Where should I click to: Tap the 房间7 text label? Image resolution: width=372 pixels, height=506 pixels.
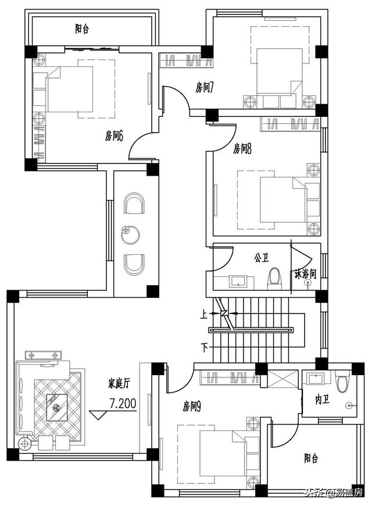[205, 88]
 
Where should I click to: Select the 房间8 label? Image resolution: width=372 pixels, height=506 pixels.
[242, 149]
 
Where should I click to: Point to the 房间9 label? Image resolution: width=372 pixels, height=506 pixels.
[192, 405]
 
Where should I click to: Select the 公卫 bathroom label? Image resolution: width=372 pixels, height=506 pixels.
[261, 256]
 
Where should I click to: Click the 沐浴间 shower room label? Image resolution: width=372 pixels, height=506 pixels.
[305, 273]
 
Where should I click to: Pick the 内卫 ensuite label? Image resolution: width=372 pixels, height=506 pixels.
[323, 401]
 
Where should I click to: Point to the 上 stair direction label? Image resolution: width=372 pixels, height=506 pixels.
[204, 313]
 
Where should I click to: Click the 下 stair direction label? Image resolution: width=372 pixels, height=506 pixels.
[204, 348]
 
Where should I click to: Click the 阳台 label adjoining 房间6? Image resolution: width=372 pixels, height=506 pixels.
[81, 28]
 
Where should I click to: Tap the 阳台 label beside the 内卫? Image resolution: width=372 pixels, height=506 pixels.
[311, 458]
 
